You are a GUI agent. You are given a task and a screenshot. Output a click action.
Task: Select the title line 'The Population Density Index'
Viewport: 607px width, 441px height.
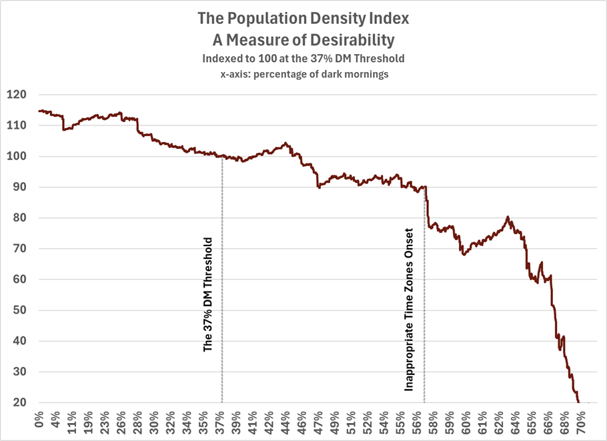click(303, 19)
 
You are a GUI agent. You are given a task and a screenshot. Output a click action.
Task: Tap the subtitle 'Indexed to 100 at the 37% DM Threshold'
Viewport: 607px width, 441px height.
click(303, 59)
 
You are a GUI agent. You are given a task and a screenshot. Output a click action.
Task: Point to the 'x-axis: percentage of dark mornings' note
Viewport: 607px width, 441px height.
click(303, 74)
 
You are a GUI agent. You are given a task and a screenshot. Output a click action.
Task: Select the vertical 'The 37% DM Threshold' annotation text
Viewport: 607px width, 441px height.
click(208, 294)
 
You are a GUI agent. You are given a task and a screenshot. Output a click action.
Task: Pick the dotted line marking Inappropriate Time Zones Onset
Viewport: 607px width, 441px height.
click(424, 300)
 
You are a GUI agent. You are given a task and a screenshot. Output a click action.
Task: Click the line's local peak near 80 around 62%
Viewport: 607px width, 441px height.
click(508, 217)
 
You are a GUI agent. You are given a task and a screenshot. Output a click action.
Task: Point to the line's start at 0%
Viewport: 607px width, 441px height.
click(40, 111)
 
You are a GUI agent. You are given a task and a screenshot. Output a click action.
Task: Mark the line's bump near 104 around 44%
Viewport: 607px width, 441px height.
click(285, 143)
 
